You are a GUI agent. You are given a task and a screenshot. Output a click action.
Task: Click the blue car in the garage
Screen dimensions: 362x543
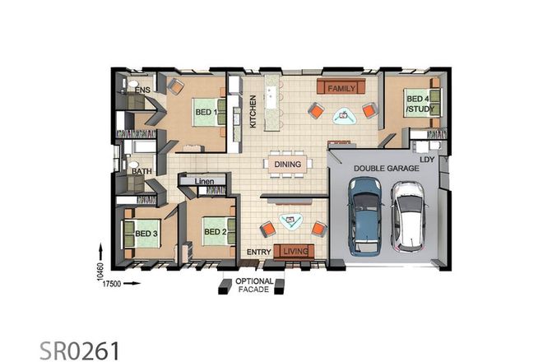(364, 215)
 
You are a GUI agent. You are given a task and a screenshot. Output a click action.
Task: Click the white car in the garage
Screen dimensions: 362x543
(407, 215)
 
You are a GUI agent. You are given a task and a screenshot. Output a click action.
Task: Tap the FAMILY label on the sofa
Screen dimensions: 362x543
(340, 87)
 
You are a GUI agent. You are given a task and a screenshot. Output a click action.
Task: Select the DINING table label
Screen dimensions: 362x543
(288, 165)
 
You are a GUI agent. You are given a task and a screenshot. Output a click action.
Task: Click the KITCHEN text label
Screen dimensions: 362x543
(253, 111)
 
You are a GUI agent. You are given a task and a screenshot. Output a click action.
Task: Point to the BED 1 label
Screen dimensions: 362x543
(206, 112)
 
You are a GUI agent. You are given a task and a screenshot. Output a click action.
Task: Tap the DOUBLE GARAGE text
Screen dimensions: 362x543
(386, 168)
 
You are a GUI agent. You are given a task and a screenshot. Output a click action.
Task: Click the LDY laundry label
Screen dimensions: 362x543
(426, 157)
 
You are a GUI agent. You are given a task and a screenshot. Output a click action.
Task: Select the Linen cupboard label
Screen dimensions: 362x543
(207, 179)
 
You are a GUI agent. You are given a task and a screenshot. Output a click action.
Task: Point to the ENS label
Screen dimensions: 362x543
(143, 88)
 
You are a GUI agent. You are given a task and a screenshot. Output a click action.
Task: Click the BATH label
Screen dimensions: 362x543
(142, 172)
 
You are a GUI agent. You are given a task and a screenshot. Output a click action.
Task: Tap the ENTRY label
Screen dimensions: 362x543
(259, 251)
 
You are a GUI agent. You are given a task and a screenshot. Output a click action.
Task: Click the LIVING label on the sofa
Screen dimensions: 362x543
(294, 250)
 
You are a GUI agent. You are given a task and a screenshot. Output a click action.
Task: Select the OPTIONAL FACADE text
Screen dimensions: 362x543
(254, 285)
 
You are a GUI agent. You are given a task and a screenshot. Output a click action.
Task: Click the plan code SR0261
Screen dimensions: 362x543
(79, 350)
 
